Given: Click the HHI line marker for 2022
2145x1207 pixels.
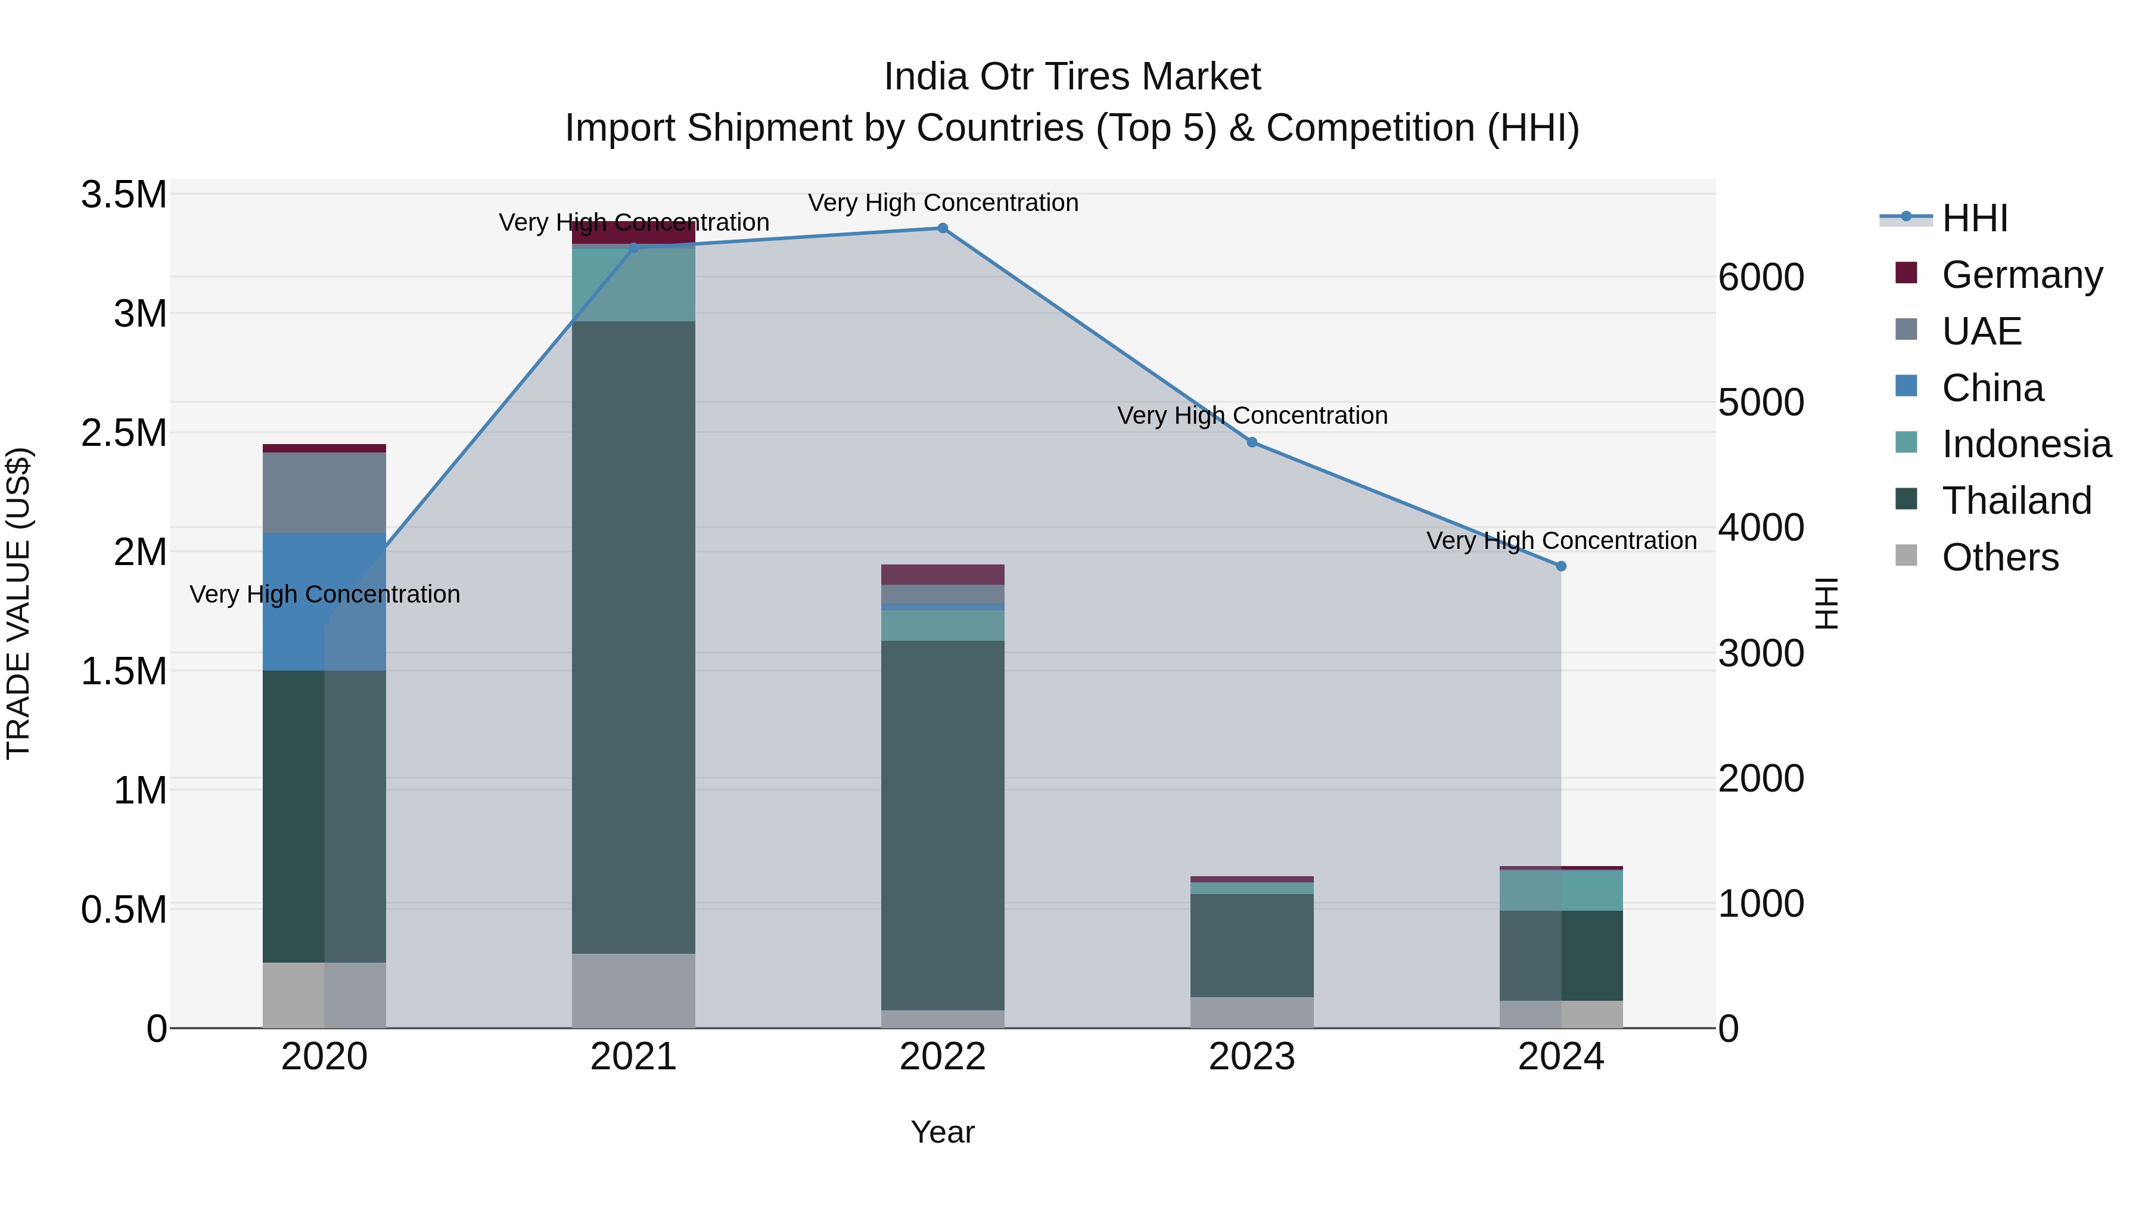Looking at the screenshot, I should pos(943,228).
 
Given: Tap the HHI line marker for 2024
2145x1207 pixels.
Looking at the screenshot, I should pos(1561,566).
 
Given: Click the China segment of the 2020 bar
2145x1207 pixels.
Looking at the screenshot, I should pos(324,601).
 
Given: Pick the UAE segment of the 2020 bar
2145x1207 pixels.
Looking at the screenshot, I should pos(324,492).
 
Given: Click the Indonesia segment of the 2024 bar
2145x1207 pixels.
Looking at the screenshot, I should pos(1561,890).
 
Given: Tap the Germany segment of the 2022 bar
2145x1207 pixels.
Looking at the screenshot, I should pos(943,575).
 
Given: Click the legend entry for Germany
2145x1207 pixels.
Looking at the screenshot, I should pos(2022,275).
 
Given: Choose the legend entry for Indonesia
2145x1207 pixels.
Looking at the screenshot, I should pos(2026,444).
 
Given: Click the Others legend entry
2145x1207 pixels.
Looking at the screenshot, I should pos(1999,557).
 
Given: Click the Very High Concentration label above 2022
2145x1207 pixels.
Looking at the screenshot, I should pos(943,203).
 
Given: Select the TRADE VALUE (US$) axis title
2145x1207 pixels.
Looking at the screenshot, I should pos(18,603).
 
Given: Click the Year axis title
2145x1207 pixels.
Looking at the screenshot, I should pos(943,1132).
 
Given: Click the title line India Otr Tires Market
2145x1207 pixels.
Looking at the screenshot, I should pos(1072,77).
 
